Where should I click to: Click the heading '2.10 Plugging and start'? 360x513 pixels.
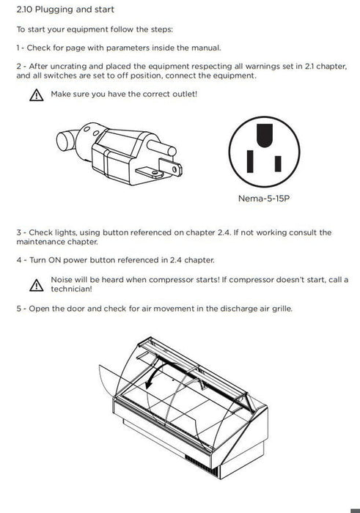65,10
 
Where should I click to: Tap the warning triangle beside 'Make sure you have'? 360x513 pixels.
37,95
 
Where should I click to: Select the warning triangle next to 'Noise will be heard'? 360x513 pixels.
37,285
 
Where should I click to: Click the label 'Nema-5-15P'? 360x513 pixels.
264,199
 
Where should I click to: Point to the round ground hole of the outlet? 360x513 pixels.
265,136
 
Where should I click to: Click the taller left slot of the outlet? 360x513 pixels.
250,161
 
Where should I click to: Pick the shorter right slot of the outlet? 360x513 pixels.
278,163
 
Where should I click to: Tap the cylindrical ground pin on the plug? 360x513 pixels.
161,147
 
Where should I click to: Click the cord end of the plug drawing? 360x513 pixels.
67,141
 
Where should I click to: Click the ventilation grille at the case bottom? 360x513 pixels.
202,465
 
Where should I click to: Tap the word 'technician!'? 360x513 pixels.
71,289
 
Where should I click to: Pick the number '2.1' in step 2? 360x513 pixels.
309,66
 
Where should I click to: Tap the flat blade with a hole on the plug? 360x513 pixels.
170,167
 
